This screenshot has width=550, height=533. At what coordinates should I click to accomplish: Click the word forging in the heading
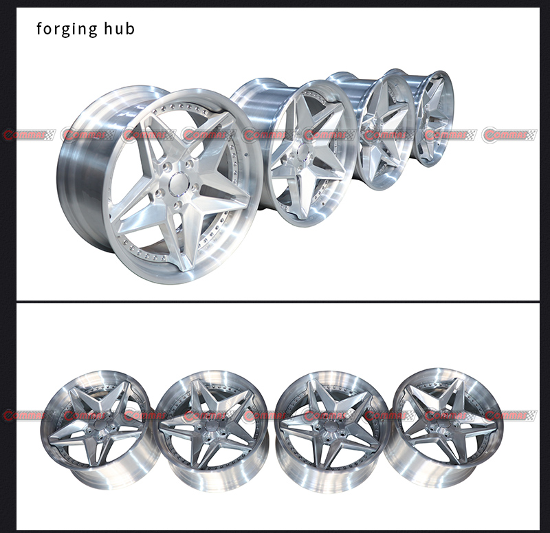tap(63, 29)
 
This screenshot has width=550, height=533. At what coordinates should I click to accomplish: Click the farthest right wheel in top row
tap(433, 117)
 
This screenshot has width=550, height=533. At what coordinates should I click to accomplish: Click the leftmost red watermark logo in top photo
tap(27, 135)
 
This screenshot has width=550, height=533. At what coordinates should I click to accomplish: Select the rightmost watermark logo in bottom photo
tap(510, 416)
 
